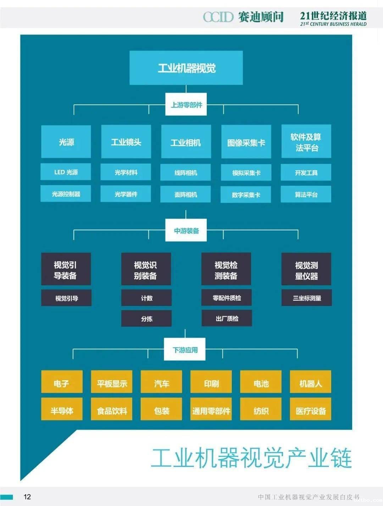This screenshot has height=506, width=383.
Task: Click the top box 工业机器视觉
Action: coord(186,68)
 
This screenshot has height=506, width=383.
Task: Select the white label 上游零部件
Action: coord(186,105)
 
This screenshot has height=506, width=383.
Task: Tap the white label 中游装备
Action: coord(186,231)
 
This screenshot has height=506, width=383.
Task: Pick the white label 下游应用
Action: coord(185,350)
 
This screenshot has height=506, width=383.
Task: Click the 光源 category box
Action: coord(66,142)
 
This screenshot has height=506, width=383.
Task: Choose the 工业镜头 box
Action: coord(126,142)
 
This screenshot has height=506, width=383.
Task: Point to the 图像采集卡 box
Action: coord(246,142)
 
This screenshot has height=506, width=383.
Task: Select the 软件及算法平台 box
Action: coord(306,142)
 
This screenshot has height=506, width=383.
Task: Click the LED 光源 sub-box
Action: coord(66,172)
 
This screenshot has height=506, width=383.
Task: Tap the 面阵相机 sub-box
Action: coord(186,194)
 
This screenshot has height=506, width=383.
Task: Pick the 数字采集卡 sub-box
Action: coord(246,195)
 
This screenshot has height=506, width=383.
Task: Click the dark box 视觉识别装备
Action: coord(146,270)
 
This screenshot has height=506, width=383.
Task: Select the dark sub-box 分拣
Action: coord(146,319)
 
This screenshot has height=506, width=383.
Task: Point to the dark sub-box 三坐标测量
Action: coord(307,298)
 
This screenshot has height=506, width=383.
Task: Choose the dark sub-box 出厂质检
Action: coord(227,318)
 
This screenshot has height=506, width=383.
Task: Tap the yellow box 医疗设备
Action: coord(311,410)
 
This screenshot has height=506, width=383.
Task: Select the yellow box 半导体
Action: coord(62,410)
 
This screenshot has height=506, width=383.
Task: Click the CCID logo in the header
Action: coord(218,16)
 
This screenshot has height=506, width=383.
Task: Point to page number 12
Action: coord(27,496)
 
